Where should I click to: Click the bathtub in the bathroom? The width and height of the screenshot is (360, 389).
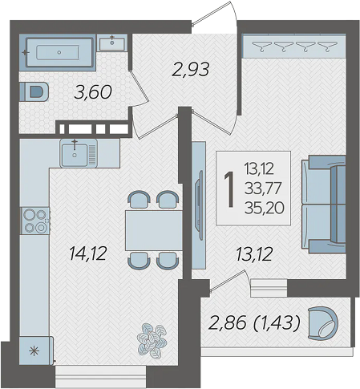click(x=59, y=52)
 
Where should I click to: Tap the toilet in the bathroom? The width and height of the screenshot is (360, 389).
click(x=34, y=91)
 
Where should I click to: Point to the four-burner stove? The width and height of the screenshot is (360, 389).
click(x=35, y=221)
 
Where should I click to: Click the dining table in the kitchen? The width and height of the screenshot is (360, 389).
click(x=154, y=230)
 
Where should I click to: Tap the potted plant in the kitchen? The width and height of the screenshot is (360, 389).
click(x=152, y=341)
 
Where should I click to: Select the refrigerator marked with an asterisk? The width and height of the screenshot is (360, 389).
click(x=36, y=351)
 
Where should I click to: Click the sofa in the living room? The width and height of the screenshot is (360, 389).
click(x=324, y=205)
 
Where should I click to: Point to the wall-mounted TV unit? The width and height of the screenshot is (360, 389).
click(x=199, y=205)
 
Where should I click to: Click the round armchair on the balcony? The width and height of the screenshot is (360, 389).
click(x=323, y=323)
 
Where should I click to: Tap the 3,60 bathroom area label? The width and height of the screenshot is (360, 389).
click(x=93, y=92)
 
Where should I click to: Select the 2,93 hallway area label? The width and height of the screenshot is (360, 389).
click(x=190, y=69)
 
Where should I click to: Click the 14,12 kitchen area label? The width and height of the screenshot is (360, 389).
click(x=88, y=253)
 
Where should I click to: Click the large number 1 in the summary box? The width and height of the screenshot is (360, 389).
click(x=229, y=189)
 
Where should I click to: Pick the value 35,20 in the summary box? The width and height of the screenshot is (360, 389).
click(x=264, y=208)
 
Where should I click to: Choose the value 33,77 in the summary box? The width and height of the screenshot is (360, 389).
click(x=263, y=188)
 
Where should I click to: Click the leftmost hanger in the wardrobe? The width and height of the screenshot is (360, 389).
click(x=262, y=46)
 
